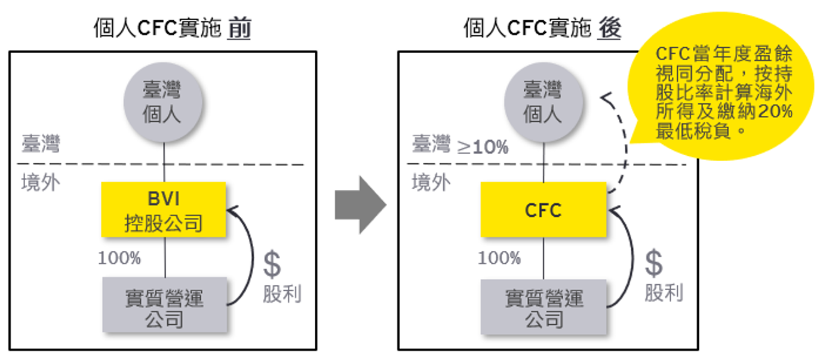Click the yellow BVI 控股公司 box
(164, 210)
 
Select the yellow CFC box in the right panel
(543, 210)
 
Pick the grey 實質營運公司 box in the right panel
(543, 306)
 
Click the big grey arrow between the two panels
(359, 204)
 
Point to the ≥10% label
(482, 147)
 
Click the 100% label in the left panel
(119, 259)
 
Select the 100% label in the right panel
(499, 259)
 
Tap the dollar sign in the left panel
(272, 265)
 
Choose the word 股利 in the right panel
(663, 293)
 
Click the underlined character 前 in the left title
(239, 29)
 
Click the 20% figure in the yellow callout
(775, 112)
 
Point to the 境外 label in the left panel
(41, 182)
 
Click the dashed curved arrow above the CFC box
(625, 143)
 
